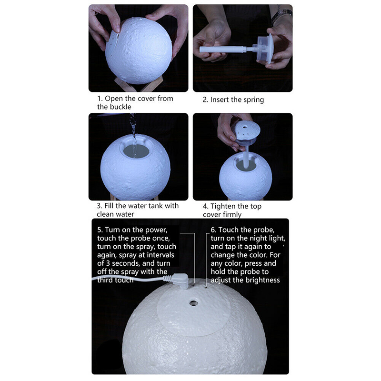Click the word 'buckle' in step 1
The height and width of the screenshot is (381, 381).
[120, 107]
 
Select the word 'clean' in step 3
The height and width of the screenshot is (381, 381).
[105, 214]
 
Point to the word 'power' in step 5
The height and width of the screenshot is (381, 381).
[156, 231]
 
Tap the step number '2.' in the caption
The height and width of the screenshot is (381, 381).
[205, 100]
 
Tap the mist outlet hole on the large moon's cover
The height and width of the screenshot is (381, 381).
[193, 303]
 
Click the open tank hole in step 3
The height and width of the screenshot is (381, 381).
[136, 151]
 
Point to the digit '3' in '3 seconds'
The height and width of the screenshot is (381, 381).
[108, 263]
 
